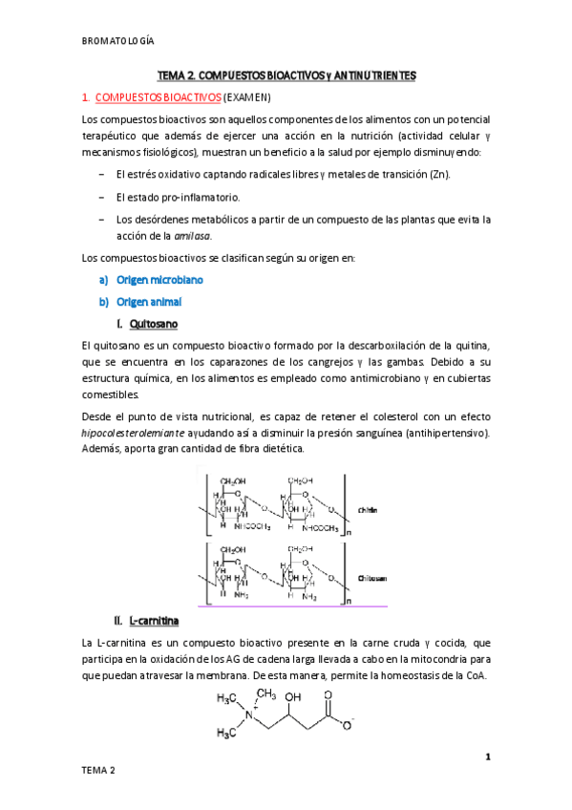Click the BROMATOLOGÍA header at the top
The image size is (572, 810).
119,41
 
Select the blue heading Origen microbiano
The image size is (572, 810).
159,280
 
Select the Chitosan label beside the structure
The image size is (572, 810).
371,578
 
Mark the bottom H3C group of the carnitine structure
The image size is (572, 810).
226,734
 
